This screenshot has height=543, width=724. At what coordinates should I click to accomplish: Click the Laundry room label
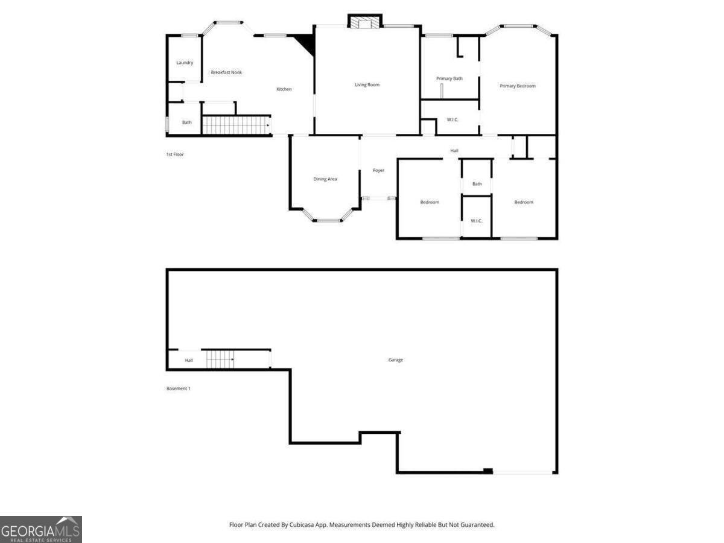pos(185,63)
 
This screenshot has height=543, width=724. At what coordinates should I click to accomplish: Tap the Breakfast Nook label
pos(226,72)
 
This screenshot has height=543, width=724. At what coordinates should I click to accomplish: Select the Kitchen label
pos(284,89)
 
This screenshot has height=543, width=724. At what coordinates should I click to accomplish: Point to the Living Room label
pos(367,84)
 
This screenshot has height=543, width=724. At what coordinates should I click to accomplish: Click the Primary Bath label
pos(449,78)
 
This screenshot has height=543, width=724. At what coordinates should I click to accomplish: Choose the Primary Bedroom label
pos(518,86)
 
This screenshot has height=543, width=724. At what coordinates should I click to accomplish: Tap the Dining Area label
pos(325,179)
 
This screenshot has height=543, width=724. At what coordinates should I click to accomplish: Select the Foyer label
pos(378,170)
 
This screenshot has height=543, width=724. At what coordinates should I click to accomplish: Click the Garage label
pos(396,360)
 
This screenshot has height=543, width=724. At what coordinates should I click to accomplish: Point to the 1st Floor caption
pos(175,154)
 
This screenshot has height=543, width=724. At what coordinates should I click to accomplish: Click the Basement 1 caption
pos(179,389)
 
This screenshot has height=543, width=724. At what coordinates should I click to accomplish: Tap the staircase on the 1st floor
pos(235,125)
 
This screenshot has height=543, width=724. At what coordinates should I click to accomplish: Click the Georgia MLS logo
pos(40,529)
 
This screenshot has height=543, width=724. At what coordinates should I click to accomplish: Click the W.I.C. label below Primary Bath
pos(453,119)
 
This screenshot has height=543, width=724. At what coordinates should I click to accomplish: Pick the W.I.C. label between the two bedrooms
pos(477,221)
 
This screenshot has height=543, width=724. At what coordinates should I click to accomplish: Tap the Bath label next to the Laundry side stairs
pos(187,122)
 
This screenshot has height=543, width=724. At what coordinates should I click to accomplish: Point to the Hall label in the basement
pos(189,360)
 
